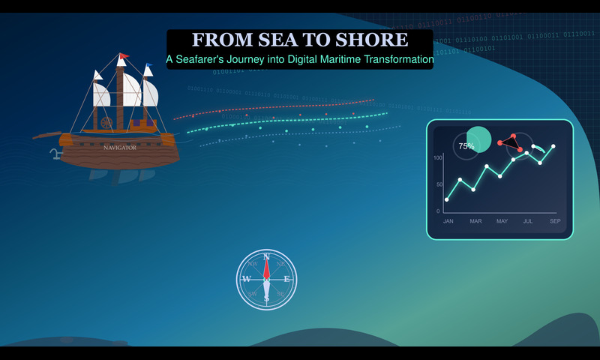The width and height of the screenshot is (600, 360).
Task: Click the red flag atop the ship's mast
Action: click(124, 55)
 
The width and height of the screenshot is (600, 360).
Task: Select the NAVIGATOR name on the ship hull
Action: click(120, 148)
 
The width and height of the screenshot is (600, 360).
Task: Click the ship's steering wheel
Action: click(106, 122)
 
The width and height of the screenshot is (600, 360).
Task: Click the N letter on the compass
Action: click(266, 257)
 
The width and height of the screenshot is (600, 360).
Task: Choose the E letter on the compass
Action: click(286, 279)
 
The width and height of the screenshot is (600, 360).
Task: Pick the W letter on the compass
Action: click(246, 279)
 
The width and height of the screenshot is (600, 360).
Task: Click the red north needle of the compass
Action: click(266, 268)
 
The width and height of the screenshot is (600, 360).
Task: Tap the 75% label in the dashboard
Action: click(466, 146)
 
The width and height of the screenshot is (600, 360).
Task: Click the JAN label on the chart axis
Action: click(448, 221)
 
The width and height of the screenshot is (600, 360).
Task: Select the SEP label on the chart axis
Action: click(555, 221)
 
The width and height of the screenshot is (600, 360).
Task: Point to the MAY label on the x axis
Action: click(502, 221)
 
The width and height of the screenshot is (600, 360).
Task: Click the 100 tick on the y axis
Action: click(438, 158)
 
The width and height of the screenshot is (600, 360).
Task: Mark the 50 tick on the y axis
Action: click(439, 184)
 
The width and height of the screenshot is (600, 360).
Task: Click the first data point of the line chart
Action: click(447, 199)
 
